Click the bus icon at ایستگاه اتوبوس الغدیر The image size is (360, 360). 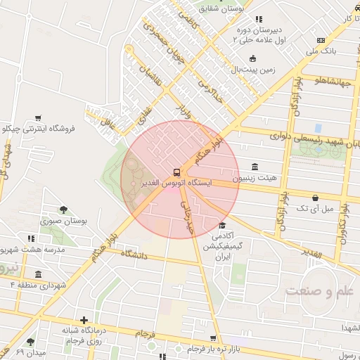(x=176, y=172)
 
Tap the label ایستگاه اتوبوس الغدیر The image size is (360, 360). (x=176, y=183)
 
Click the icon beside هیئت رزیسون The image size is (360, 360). (x=254, y=167)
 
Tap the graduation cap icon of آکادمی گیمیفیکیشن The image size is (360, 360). (x=223, y=226)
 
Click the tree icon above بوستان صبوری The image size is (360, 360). (x=64, y=209)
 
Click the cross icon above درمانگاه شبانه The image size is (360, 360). (x=84, y=320)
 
